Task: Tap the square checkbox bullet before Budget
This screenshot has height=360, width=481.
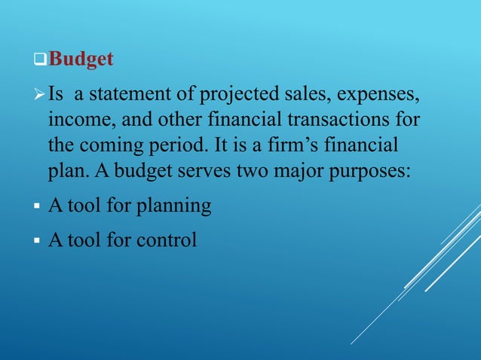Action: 42,59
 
